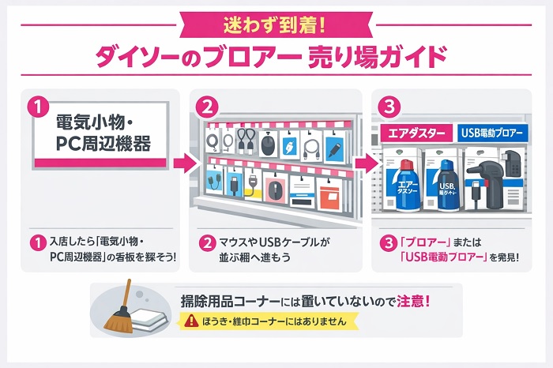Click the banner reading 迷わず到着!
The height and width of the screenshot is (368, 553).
(276, 25)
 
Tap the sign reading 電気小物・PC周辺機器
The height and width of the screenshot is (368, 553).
(100, 135)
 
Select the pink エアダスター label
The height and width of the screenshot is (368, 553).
(416, 133)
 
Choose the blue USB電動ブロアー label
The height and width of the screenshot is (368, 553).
(492, 133)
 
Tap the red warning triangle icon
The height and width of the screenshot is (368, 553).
(191, 320)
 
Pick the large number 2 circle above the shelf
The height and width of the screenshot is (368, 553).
(207, 107)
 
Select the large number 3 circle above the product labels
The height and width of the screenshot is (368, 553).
(389, 107)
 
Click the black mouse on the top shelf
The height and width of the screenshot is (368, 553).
(267, 145)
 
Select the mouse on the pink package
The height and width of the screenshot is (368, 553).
(273, 190)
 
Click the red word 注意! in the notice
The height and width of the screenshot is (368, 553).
(413, 302)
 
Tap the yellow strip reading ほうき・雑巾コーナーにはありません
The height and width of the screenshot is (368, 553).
(270, 321)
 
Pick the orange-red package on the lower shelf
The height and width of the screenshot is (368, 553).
(329, 197)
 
